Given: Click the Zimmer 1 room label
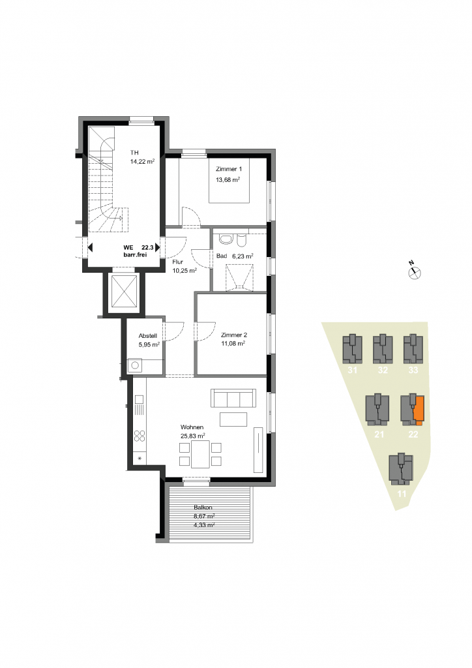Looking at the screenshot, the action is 229,169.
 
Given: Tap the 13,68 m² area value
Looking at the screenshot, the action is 228,180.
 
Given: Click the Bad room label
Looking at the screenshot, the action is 222,256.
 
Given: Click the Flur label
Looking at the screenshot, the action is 177,262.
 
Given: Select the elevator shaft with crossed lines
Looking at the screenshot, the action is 124,291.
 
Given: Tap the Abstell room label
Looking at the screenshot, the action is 148,336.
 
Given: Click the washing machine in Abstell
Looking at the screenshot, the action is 136,365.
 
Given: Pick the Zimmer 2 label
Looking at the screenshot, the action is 233,335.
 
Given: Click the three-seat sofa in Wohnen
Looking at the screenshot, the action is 233,398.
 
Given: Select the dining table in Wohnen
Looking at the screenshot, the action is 200,454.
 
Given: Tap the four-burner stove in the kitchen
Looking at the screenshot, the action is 140,436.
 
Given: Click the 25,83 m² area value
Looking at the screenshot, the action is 193,436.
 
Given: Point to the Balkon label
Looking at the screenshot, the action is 203,508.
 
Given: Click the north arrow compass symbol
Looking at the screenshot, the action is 415,271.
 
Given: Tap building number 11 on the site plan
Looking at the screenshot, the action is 402,494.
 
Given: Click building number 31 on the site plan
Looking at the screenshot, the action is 352,371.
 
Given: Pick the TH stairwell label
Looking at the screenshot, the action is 134,153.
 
